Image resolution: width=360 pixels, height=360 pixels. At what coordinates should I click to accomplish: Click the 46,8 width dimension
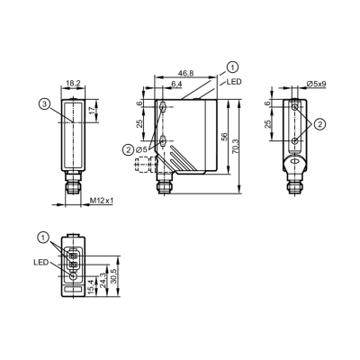point(186,74)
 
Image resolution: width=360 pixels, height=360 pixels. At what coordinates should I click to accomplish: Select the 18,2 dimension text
point(73,83)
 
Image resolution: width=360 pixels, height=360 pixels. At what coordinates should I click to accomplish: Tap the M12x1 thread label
point(102,201)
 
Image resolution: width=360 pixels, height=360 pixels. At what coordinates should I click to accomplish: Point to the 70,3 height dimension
point(235,147)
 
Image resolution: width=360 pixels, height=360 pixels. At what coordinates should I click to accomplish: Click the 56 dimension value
point(224,136)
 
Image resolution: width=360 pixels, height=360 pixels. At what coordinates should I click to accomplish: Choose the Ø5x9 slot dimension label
point(317,84)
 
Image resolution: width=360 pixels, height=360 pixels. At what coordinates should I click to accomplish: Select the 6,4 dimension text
point(176,85)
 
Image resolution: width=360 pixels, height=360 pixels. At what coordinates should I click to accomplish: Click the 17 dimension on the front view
point(93,110)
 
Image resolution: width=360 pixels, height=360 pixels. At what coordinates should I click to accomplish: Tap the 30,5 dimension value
point(113,275)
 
